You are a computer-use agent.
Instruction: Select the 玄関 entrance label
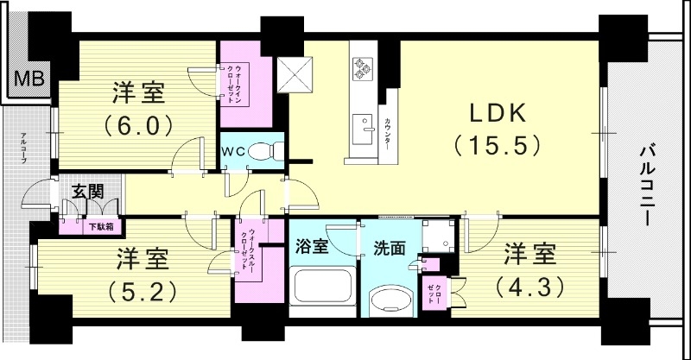point(86,193)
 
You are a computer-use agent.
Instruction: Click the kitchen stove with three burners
point(361,68)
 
